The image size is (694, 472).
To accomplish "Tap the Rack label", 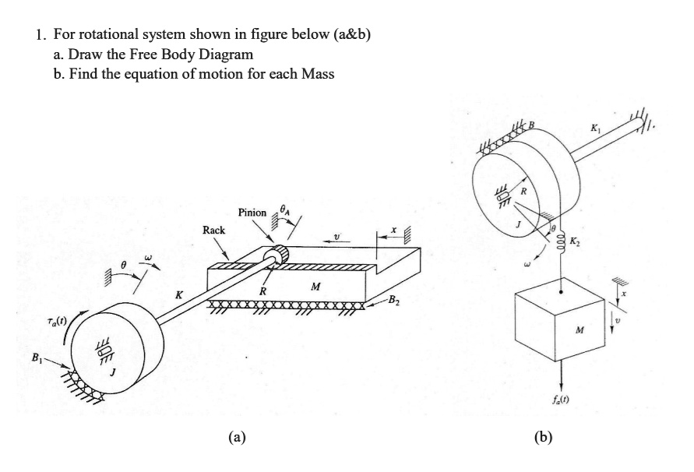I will [214, 231].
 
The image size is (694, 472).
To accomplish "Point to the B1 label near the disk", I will [35, 359].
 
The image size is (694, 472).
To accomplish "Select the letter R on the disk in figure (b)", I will [523, 189].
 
